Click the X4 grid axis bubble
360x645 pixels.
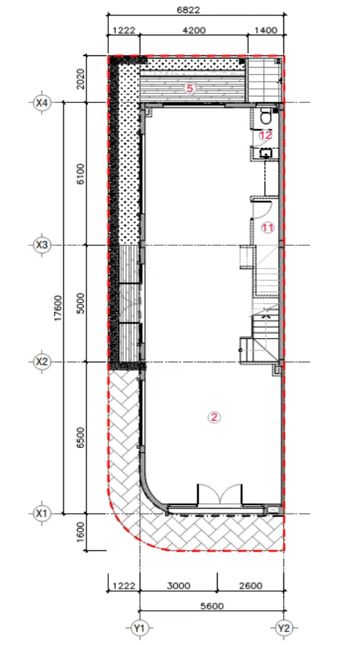coord(41,102)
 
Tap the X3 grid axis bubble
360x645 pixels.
coord(41,246)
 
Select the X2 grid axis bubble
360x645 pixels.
coord(41,362)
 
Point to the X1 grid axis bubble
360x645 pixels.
coord(41,514)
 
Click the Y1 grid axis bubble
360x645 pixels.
coord(140,628)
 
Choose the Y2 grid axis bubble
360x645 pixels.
coord(284,628)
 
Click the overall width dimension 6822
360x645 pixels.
coord(188,10)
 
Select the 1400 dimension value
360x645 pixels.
coord(266,30)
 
